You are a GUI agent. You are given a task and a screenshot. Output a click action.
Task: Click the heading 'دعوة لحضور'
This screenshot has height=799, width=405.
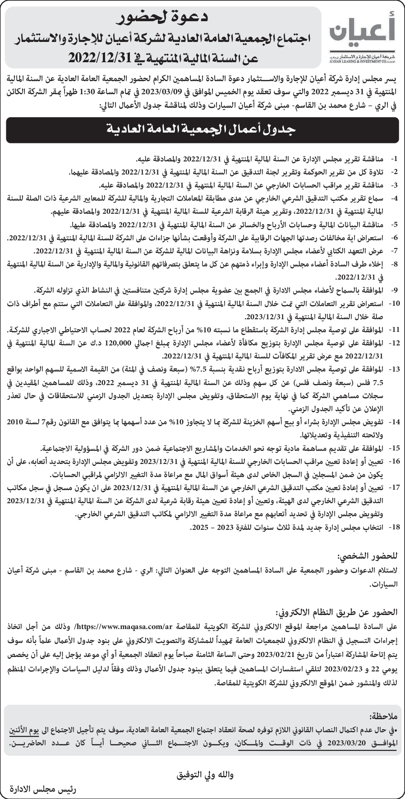pyautogui.click(x=162, y=18)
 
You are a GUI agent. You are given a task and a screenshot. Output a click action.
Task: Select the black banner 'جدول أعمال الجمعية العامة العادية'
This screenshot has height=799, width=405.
pyautogui.click(x=202, y=130)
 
